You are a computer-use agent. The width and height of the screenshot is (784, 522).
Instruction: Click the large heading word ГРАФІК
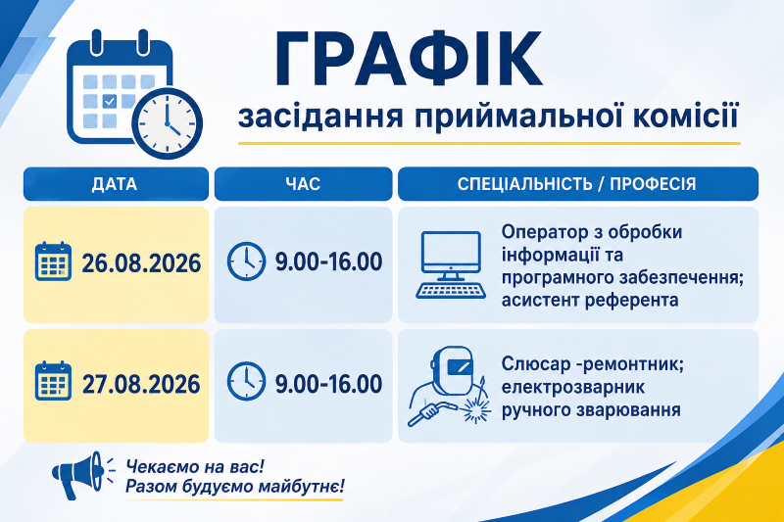[x=408, y=59]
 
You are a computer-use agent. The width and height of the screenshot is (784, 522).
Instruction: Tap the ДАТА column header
[x=115, y=184]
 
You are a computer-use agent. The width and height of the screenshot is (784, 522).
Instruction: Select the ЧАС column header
[x=303, y=184]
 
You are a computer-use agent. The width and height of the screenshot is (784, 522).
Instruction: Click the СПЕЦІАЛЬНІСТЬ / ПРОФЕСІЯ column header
[x=577, y=184]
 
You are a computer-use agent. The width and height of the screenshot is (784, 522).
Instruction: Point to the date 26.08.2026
[x=141, y=263]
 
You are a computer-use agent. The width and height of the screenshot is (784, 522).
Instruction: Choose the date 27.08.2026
[x=141, y=384]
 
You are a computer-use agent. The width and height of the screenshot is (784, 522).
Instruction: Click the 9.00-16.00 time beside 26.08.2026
[x=328, y=261]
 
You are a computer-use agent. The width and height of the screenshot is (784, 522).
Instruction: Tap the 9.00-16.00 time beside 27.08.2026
[x=328, y=384]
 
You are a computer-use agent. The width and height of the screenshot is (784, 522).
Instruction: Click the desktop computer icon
[x=451, y=264]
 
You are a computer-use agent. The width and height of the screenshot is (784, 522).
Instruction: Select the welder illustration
[x=449, y=386]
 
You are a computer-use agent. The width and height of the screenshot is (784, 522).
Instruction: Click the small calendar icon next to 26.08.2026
[x=53, y=261]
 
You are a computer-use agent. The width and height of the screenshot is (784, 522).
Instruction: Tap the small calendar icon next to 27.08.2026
[x=53, y=381]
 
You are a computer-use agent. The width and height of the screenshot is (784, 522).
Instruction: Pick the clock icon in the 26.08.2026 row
[x=246, y=261]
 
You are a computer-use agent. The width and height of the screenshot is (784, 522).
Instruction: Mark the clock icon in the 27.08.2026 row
[x=246, y=382]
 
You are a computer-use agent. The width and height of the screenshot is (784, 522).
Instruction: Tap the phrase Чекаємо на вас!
[x=195, y=467]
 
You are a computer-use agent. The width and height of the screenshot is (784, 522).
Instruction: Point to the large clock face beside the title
[x=168, y=122]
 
